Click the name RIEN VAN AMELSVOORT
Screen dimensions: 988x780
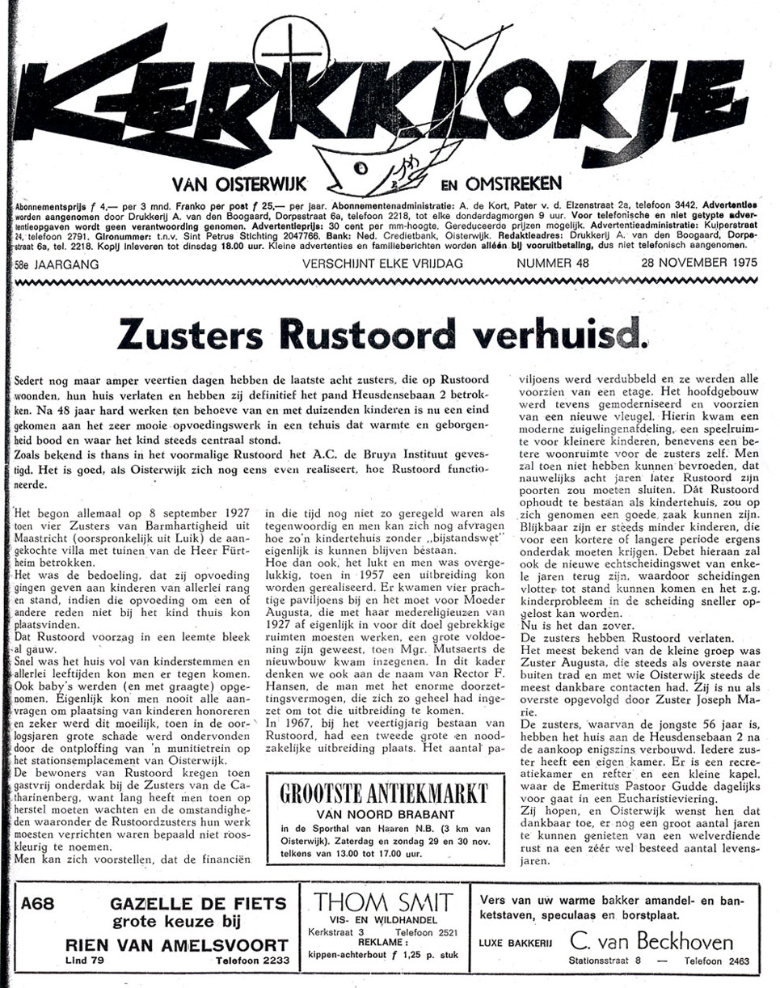pos(176,944)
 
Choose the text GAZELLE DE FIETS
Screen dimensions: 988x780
pos(176,903)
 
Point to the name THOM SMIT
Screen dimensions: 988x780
pos(383,902)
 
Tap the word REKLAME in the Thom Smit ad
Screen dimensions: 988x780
pos(382,941)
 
